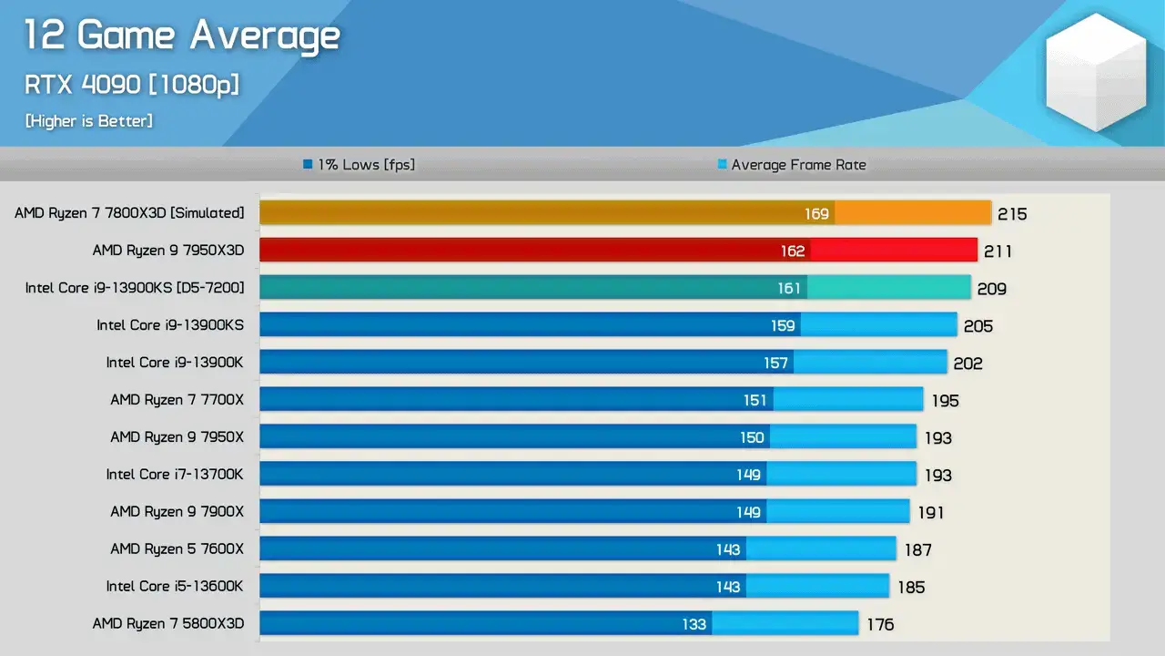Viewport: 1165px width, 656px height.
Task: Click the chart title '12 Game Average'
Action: (182, 36)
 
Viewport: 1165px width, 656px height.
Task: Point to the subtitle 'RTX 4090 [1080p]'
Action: (132, 85)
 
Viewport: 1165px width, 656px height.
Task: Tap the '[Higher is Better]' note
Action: (89, 120)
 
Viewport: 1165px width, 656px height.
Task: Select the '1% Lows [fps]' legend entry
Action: (360, 165)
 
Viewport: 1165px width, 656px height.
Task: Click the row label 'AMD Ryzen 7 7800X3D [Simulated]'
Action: (129, 213)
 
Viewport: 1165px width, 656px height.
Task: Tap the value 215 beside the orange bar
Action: (1011, 214)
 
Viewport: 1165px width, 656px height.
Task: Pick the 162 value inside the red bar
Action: (792, 251)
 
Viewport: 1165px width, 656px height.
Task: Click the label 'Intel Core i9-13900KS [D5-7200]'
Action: (135, 288)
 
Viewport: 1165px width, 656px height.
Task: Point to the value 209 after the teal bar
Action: (991, 289)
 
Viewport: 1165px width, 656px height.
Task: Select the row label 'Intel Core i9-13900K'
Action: (175, 363)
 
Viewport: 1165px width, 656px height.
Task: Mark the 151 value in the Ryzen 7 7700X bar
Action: (755, 400)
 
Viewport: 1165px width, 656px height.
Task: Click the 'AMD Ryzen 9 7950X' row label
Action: (177, 437)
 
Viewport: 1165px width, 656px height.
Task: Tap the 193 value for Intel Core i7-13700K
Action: (937, 475)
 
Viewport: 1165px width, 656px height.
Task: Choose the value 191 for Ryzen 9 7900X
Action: (930, 512)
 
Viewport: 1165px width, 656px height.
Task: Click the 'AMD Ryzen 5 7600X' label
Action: (177, 549)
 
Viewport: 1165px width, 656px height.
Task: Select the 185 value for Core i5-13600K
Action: (911, 587)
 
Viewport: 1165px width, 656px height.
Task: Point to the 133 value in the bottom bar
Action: (694, 624)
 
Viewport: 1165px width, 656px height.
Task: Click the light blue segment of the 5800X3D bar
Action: (785, 623)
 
